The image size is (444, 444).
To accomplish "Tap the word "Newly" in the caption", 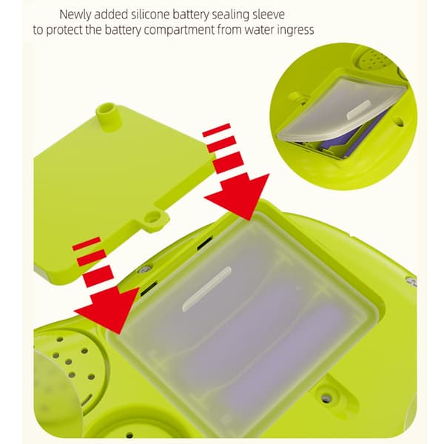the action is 75,15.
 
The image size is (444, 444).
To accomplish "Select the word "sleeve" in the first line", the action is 267,15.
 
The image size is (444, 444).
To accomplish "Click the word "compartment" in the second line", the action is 179,30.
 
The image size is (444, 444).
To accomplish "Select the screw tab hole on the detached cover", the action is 152,218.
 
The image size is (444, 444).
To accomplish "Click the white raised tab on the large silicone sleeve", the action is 207,289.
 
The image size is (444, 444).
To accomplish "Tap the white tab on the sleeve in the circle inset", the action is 359,110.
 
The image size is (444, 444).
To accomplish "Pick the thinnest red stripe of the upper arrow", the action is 216,130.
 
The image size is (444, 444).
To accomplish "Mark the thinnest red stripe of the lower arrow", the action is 87,243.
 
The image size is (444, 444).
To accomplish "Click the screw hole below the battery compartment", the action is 326,398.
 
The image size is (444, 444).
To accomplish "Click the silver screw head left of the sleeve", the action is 144,269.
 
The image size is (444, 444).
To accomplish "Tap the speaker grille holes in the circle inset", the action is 374,58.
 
